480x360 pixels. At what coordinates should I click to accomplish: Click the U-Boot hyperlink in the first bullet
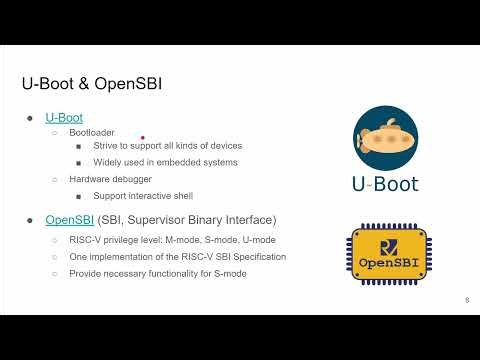64,117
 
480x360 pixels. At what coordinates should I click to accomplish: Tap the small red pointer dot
144,138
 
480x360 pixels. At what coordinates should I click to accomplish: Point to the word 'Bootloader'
91,132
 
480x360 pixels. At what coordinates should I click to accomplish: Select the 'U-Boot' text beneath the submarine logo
385,184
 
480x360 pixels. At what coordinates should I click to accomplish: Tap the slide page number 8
466,299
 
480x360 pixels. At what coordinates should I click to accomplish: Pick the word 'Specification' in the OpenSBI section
256,257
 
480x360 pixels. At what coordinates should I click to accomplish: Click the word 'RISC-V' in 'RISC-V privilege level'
84,241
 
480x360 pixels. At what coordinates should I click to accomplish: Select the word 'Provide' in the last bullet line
86,273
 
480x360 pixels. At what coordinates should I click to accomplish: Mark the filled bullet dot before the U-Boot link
31,118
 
